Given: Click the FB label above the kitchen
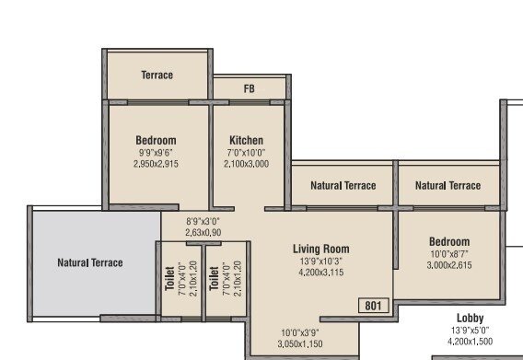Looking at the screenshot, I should [x=249, y=89].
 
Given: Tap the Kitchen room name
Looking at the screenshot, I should [x=246, y=141].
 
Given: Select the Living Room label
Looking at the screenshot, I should [x=321, y=249].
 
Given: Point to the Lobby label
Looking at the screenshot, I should [x=470, y=318].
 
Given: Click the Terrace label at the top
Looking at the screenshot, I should [x=157, y=75].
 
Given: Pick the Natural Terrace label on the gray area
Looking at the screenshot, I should [x=90, y=263].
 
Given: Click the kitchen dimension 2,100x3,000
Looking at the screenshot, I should [x=247, y=164].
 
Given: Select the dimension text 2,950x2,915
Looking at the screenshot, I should [x=156, y=164].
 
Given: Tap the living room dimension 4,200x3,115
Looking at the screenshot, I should [x=321, y=273].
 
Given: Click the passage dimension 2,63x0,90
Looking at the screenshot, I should [x=204, y=233].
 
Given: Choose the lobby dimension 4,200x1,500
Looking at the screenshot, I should [x=470, y=341].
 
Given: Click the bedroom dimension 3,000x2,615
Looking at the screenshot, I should [x=449, y=265].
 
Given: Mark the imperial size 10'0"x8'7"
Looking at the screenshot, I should [x=449, y=253].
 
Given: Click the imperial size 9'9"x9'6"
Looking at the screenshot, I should [x=156, y=153].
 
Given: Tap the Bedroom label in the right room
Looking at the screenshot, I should [x=449, y=241].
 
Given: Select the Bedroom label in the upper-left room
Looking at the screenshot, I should [x=156, y=141].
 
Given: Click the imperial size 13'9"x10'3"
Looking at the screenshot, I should [x=321, y=261].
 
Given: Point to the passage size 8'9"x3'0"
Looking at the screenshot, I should [x=204, y=222].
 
